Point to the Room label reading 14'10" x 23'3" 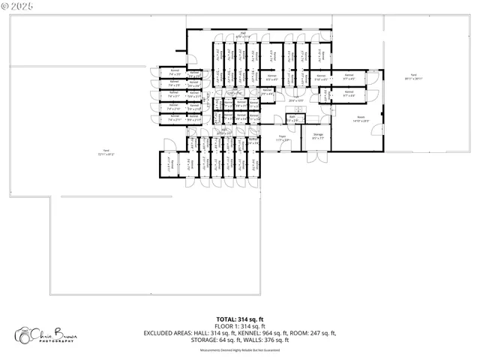pyautogui.click(x=361, y=118)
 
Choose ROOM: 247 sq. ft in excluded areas pyautogui.click(x=316, y=333)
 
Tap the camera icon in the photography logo pyautogui.click(x=23, y=334)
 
